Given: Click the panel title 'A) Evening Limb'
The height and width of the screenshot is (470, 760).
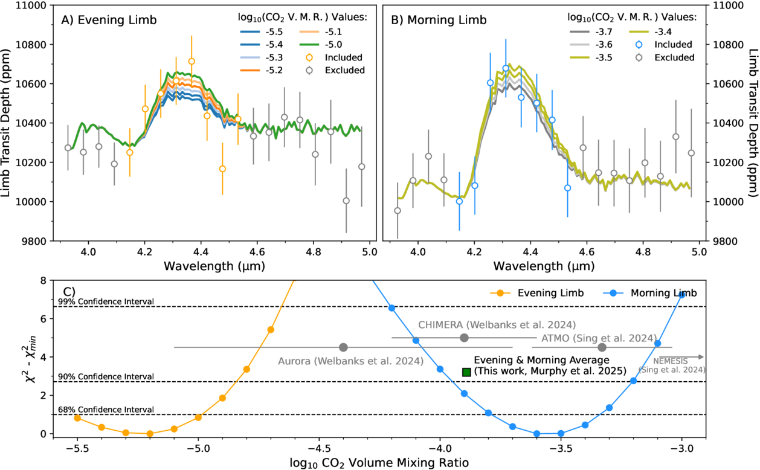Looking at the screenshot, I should [x=109, y=20].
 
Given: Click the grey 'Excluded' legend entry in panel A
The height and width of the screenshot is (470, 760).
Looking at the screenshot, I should [x=345, y=70].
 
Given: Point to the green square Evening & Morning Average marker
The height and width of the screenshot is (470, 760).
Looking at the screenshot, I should [x=466, y=372].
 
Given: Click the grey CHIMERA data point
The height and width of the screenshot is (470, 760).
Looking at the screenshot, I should [x=464, y=338].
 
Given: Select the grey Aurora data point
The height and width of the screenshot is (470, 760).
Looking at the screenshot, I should [x=343, y=347].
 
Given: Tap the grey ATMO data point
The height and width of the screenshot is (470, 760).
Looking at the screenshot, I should [x=602, y=347].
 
